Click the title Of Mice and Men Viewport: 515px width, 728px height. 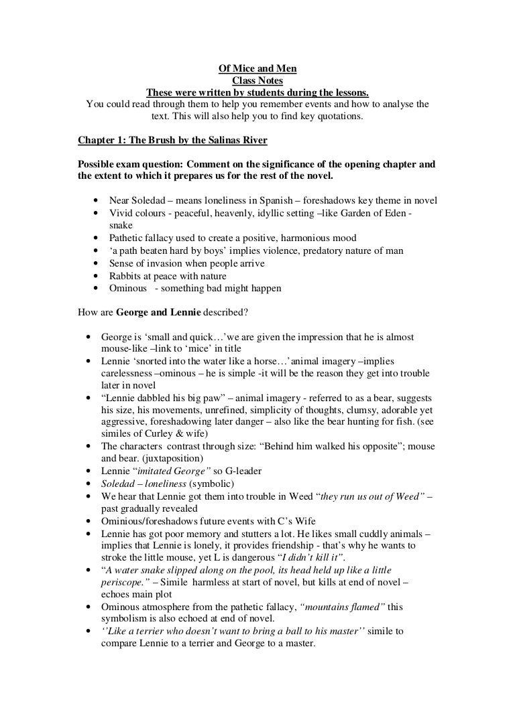(257, 69)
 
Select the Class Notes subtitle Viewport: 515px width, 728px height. (257, 80)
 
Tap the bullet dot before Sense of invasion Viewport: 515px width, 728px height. (99, 264)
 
